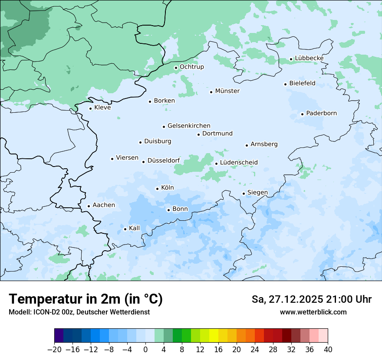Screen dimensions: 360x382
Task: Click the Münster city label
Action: pyautogui.click(x=227, y=91)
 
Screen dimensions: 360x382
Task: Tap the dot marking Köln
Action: pyautogui.click(x=157, y=189)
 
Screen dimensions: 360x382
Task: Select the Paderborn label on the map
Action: pyautogui.click(x=321, y=113)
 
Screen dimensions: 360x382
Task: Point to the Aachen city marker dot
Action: pyautogui.click(x=89, y=206)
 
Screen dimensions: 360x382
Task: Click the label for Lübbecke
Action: pyautogui.click(x=309, y=58)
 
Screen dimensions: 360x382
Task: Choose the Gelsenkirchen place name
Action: pyautogui.click(x=189, y=126)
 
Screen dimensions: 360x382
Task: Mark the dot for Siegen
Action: pyautogui.click(x=244, y=193)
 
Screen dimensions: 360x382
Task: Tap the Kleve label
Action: pyautogui.click(x=102, y=108)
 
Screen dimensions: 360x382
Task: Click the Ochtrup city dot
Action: pyautogui.click(x=176, y=68)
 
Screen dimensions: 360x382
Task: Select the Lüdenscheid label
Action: pyautogui.click(x=239, y=163)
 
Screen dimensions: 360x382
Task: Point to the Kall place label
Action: pyautogui.click(x=135, y=228)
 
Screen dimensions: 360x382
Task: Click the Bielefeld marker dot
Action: pyautogui.click(x=285, y=84)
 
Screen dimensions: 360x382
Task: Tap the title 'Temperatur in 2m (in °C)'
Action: pyautogui.click(x=86, y=299)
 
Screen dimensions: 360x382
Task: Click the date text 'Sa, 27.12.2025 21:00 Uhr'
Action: pyautogui.click(x=311, y=299)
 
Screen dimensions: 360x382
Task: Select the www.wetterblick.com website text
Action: pyautogui.click(x=313, y=312)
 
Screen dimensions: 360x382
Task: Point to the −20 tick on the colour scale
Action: pyautogui.click(x=55, y=349)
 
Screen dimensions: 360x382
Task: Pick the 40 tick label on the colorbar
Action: pyautogui.click(x=328, y=349)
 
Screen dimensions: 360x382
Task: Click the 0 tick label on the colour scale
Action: pyautogui.click(x=145, y=349)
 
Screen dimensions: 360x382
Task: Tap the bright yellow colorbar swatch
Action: pyautogui.click(x=214, y=336)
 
